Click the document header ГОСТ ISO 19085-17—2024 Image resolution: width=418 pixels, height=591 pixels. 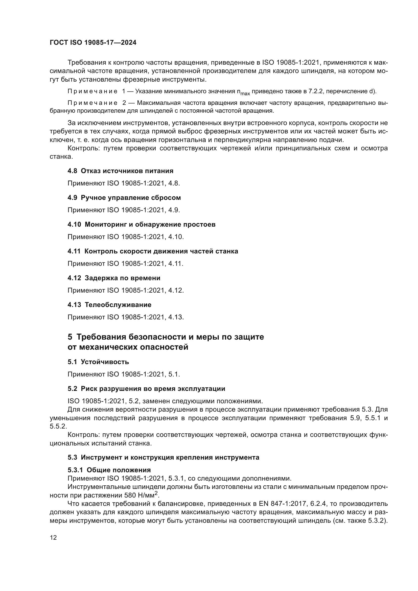click(93, 43)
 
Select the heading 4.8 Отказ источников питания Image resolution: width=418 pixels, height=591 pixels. click(120, 171)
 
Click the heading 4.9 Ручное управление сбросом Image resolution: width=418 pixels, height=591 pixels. click(124, 198)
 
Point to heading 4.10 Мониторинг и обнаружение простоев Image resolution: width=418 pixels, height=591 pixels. click(141, 224)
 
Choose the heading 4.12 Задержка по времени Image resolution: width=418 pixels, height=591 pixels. click(114, 278)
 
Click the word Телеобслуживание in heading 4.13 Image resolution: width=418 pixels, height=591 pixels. click(118, 305)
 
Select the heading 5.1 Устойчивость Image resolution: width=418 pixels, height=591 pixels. click(98, 362)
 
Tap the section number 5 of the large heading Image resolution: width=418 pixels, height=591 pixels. click(70, 337)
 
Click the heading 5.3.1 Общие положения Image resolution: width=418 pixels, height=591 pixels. click(109, 470)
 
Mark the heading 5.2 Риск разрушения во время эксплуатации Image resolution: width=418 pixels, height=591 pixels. click(146, 389)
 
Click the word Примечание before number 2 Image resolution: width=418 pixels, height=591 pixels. click(92, 103)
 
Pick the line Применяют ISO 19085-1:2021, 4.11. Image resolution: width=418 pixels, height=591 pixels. click(125, 264)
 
